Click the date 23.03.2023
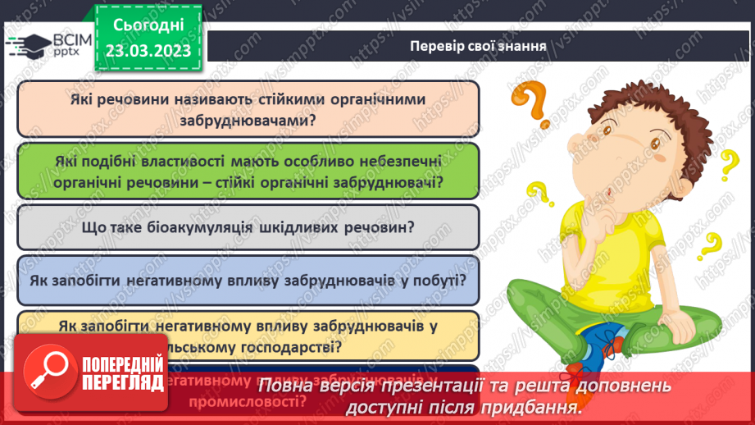(148, 51)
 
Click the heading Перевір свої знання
(479, 45)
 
